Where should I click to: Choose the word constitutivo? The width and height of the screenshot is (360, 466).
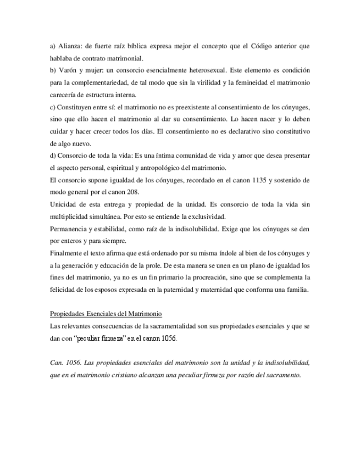pyautogui.click(x=292, y=131)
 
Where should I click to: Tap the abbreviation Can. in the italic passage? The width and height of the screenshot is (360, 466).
pyautogui.click(x=57, y=363)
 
